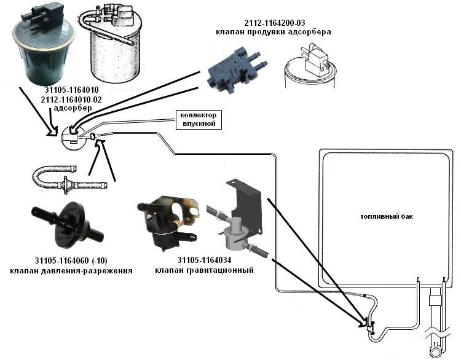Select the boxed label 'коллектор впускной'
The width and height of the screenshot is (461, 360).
pyautogui.click(x=197, y=119)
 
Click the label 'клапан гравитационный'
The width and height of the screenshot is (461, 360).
pyautogui.click(x=203, y=270)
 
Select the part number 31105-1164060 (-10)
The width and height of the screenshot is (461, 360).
pyautogui.click(x=71, y=260)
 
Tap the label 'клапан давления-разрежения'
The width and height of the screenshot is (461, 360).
pyautogui.click(x=71, y=270)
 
